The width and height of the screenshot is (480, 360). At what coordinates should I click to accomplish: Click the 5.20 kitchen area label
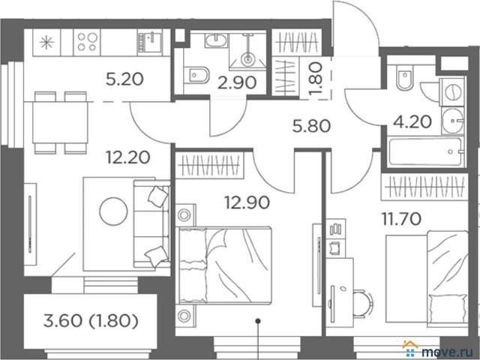125,79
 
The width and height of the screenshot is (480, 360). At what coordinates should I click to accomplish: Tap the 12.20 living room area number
128,157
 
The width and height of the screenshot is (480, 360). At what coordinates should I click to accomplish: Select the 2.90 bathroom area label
237,82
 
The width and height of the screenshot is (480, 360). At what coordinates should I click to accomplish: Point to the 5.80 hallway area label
311,126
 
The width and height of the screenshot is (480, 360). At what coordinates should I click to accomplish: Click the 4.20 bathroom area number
412,121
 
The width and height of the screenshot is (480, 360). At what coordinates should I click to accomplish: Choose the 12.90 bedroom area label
247,202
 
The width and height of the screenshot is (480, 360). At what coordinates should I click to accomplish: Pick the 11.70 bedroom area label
401,219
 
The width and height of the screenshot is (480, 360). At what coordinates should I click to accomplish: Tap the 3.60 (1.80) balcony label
91,321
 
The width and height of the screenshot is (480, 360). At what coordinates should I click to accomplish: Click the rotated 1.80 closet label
316,79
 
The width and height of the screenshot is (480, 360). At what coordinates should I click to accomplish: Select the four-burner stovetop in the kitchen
87,42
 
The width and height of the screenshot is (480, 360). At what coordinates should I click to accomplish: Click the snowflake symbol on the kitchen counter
46,42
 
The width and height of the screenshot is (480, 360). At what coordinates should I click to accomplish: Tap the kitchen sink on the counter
150,42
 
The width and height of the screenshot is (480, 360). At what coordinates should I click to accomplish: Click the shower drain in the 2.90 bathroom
247,58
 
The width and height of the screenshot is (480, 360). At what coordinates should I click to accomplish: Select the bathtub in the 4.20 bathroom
426,151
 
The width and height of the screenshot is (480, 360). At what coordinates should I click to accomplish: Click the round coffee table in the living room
113,211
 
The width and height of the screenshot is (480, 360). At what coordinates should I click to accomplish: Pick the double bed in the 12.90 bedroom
225,265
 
